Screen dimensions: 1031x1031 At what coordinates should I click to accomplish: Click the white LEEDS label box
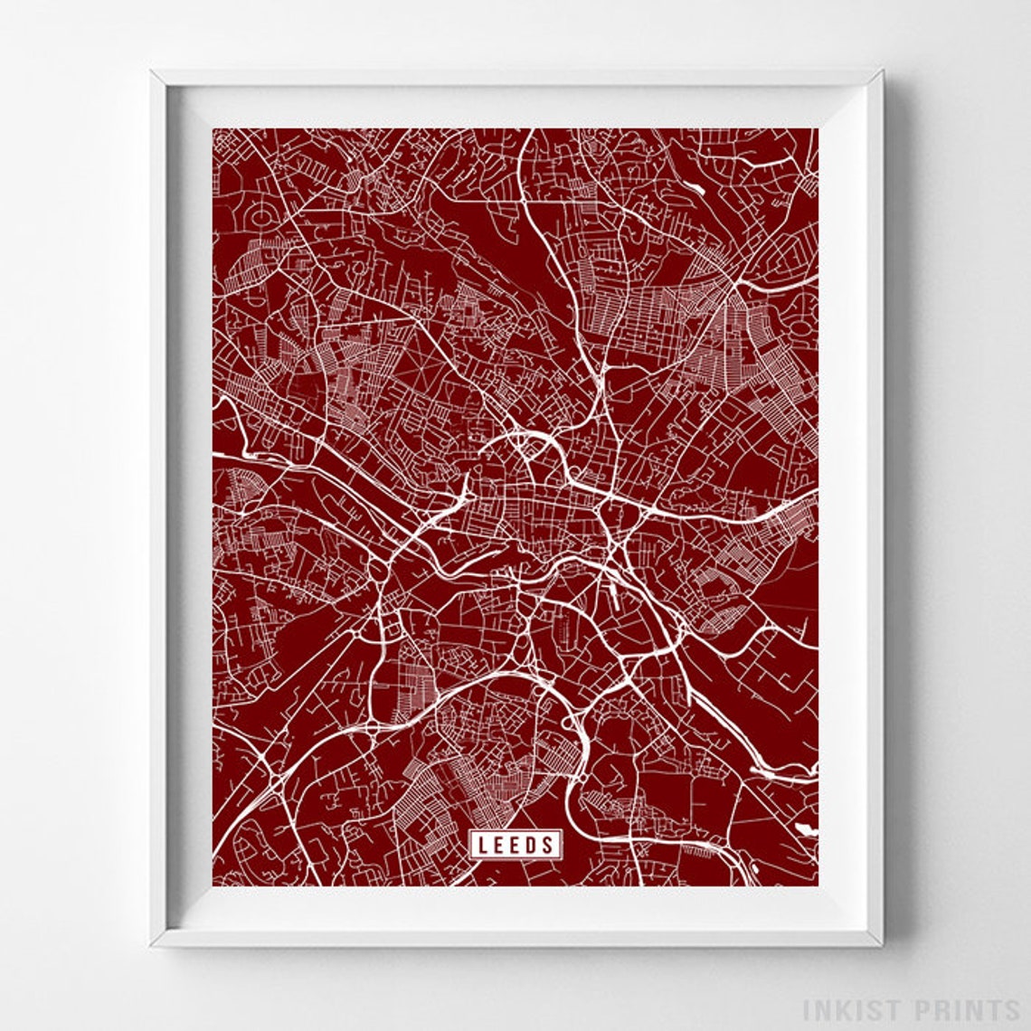tap(515, 845)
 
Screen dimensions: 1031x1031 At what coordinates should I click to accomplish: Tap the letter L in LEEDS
tap(483, 845)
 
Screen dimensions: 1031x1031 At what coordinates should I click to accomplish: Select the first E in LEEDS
tap(499, 845)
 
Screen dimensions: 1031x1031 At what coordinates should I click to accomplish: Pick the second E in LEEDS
tap(515, 845)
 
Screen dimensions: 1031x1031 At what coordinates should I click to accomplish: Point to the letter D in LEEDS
tap(532, 845)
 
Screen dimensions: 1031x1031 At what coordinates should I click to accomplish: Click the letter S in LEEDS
tap(548, 845)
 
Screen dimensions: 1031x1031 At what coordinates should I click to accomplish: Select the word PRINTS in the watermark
tap(961, 1009)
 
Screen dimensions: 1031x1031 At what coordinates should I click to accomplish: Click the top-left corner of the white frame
tap(153, 71)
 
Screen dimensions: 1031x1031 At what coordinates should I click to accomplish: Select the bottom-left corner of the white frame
tap(153, 945)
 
